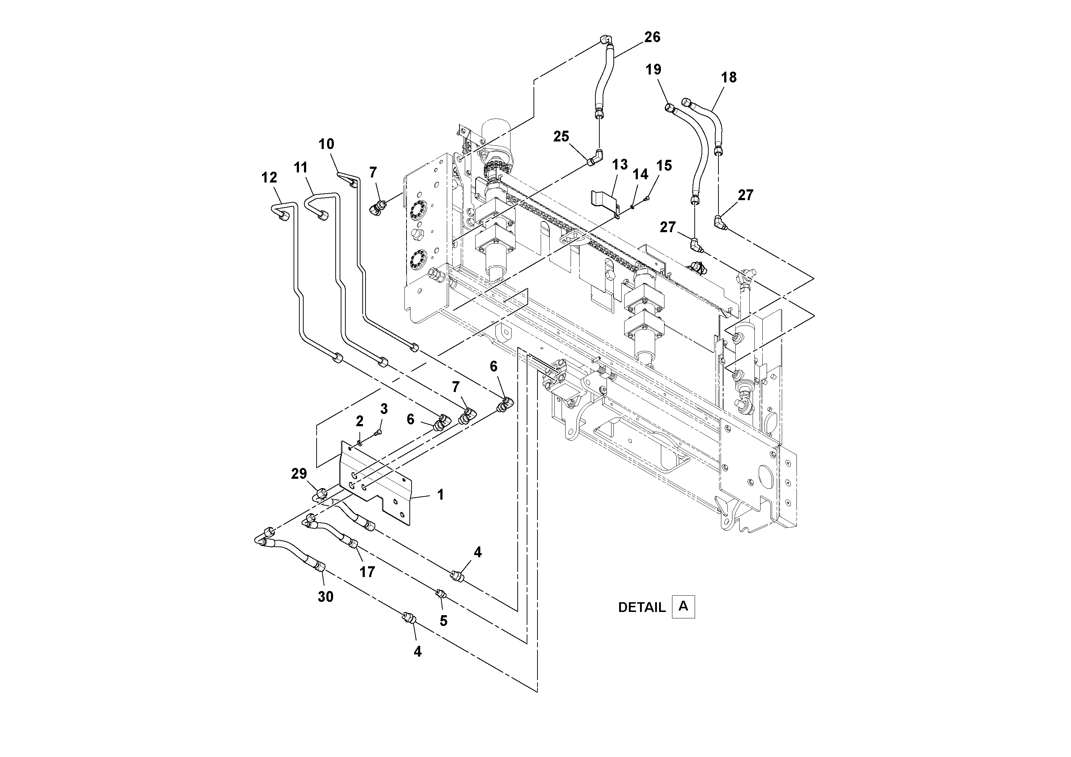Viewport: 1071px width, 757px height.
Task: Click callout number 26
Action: pos(652,37)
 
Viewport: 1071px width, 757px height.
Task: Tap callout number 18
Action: pos(729,77)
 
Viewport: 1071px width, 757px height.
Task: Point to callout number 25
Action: pos(561,136)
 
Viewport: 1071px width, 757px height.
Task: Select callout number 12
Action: pos(269,177)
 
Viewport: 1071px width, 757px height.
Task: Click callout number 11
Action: pos(301,167)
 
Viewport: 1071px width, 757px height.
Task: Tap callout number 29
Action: pos(299,474)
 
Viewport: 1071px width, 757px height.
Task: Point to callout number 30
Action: pos(326,596)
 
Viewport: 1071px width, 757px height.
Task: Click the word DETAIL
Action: pos(641,607)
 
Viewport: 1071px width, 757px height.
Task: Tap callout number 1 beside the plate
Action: pos(440,495)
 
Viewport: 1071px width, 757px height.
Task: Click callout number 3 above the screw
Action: pos(384,409)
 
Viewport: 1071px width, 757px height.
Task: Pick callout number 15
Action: pos(664,165)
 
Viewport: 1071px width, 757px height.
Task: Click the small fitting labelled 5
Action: pos(440,593)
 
